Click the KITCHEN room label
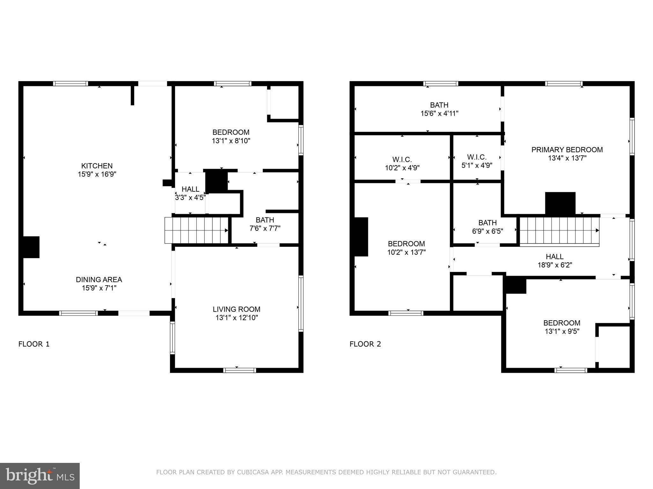pyautogui.click(x=97, y=166)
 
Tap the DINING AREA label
pyautogui.click(x=99, y=280)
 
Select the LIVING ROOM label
pyautogui.click(x=237, y=309)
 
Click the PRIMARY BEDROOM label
pyautogui.click(x=567, y=150)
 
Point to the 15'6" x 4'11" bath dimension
pyautogui.click(x=439, y=113)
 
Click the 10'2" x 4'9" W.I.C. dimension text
pyautogui.click(x=402, y=168)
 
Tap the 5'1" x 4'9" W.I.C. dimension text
pyautogui.click(x=477, y=166)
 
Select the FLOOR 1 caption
pyautogui.click(x=34, y=344)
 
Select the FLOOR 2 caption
pyautogui.click(x=365, y=344)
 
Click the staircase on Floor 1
pyautogui.click(x=196, y=230)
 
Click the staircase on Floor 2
pyautogui.click(x=560, y=231)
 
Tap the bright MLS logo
pyautogui.click(x=40, y=476)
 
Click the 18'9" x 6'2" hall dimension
pyautogui.click(x=555, y=265)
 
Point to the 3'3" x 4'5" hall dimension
pyautogui.click(x=190, y=197)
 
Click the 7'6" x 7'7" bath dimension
pyautogui.click(x=265, y=228)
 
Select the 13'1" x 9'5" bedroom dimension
pyautogui.click(x=562, y=331)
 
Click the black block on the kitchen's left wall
pyautogui.click(x=31, y=247)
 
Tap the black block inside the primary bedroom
pyautogui.click(x=560, y=203)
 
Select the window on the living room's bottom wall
pyautogui.click(x=239, y=370)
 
